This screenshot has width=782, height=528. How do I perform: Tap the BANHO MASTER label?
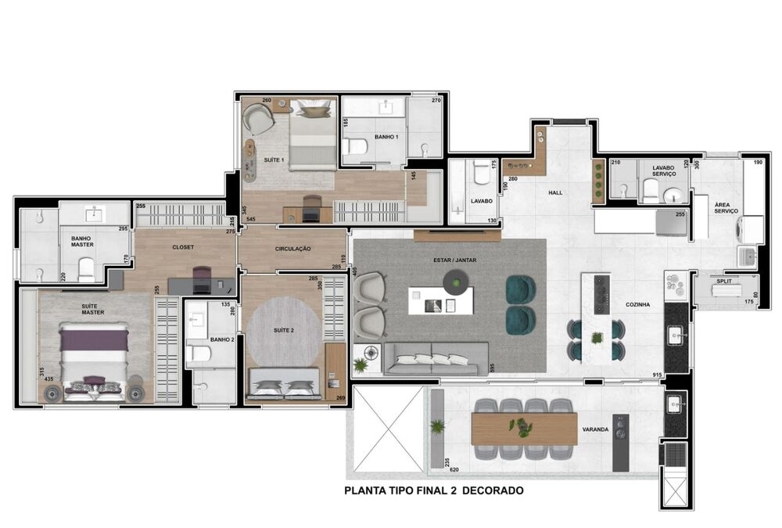click(82, 242)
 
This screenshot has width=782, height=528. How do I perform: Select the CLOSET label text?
click(183, 247)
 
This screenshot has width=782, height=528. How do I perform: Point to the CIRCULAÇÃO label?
click(293, 249)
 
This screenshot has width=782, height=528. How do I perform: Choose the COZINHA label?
click(638, 305)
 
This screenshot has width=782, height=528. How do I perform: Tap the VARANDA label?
click(597, 429)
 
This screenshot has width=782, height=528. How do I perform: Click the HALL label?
click(555, 192)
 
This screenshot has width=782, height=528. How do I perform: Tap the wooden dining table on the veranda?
click(524, 429)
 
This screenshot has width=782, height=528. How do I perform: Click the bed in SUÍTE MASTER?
click(95, 360)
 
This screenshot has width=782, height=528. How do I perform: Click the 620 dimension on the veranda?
click(454, 471)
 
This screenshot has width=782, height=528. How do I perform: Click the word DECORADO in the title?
click(490, 491)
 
